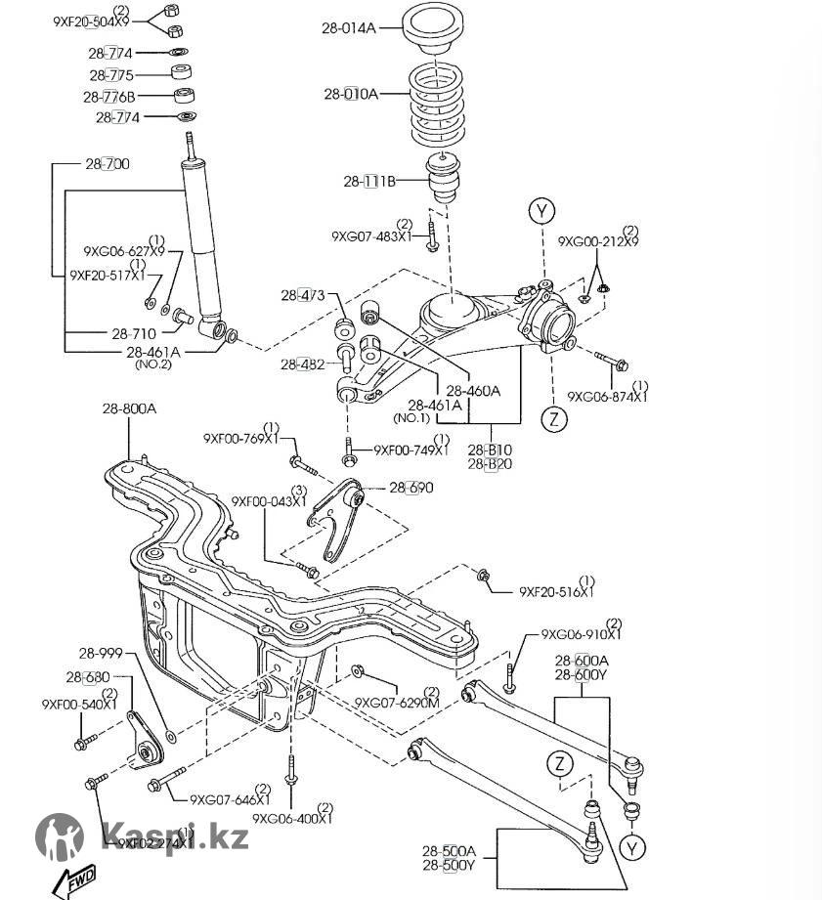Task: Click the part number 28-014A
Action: [348, 28]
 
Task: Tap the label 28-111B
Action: [368, 181]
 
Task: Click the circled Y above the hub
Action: [542, 210]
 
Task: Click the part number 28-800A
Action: [129, 409]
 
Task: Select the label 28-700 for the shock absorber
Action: [108, 163]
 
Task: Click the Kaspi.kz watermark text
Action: [175, 836]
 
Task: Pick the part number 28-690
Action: [411, 488]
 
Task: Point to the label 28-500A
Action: [449, 850]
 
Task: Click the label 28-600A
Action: [582, 661]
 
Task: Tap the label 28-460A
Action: [473, 390]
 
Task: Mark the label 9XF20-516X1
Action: [556, 591]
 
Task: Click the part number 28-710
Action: [134, 333]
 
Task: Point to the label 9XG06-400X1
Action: [292, 819]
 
